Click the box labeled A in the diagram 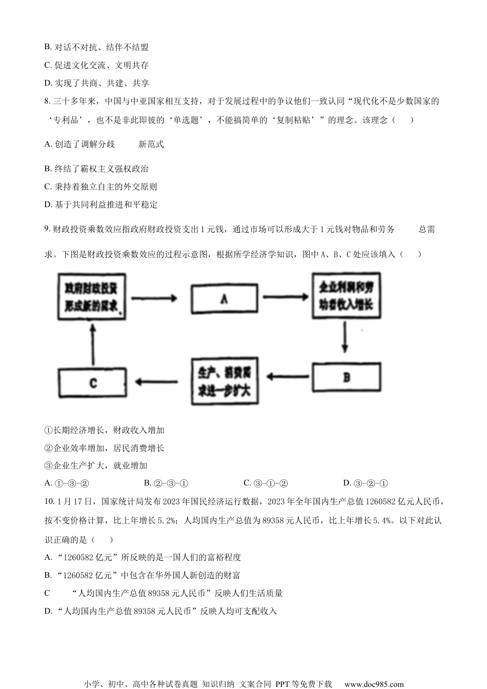[224, 298]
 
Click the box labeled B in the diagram [347, 377]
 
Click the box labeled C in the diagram [93, 382]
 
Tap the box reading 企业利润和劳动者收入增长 [346, 295]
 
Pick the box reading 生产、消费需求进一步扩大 [224, 381]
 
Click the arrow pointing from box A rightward [285, 297]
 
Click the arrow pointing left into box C [156, 381]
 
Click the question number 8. [47, 102]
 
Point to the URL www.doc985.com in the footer [374, 684]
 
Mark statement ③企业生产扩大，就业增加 [96, 465]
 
